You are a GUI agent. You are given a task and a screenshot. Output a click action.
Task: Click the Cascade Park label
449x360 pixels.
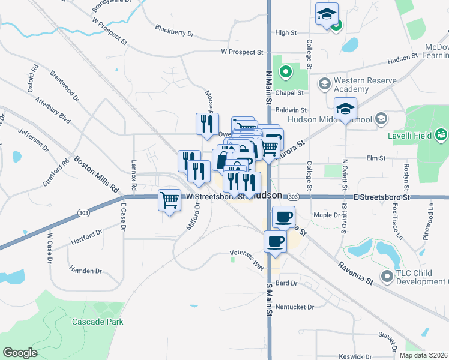tap(97, 322)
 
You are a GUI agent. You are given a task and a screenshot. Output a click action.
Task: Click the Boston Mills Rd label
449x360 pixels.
tap(96, 175)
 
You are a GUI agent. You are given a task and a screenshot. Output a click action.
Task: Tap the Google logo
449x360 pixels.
tap(20, 353)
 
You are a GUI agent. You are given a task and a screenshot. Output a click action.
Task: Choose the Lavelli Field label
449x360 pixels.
tap(410, 136)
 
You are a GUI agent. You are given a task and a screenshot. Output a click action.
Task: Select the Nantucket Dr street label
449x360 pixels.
tap(295, 307)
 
